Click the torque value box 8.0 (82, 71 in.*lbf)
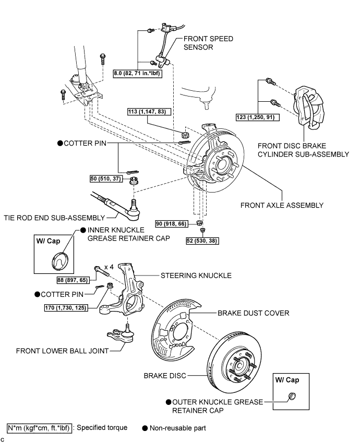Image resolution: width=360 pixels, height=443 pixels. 137,74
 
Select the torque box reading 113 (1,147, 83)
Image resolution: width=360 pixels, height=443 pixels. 150,111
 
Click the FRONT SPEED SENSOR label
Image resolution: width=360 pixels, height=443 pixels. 208,42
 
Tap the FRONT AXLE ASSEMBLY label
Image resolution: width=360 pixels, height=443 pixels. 282,205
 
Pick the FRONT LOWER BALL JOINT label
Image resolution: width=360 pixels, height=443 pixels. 55,351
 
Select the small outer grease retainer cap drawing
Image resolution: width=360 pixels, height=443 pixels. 291,399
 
